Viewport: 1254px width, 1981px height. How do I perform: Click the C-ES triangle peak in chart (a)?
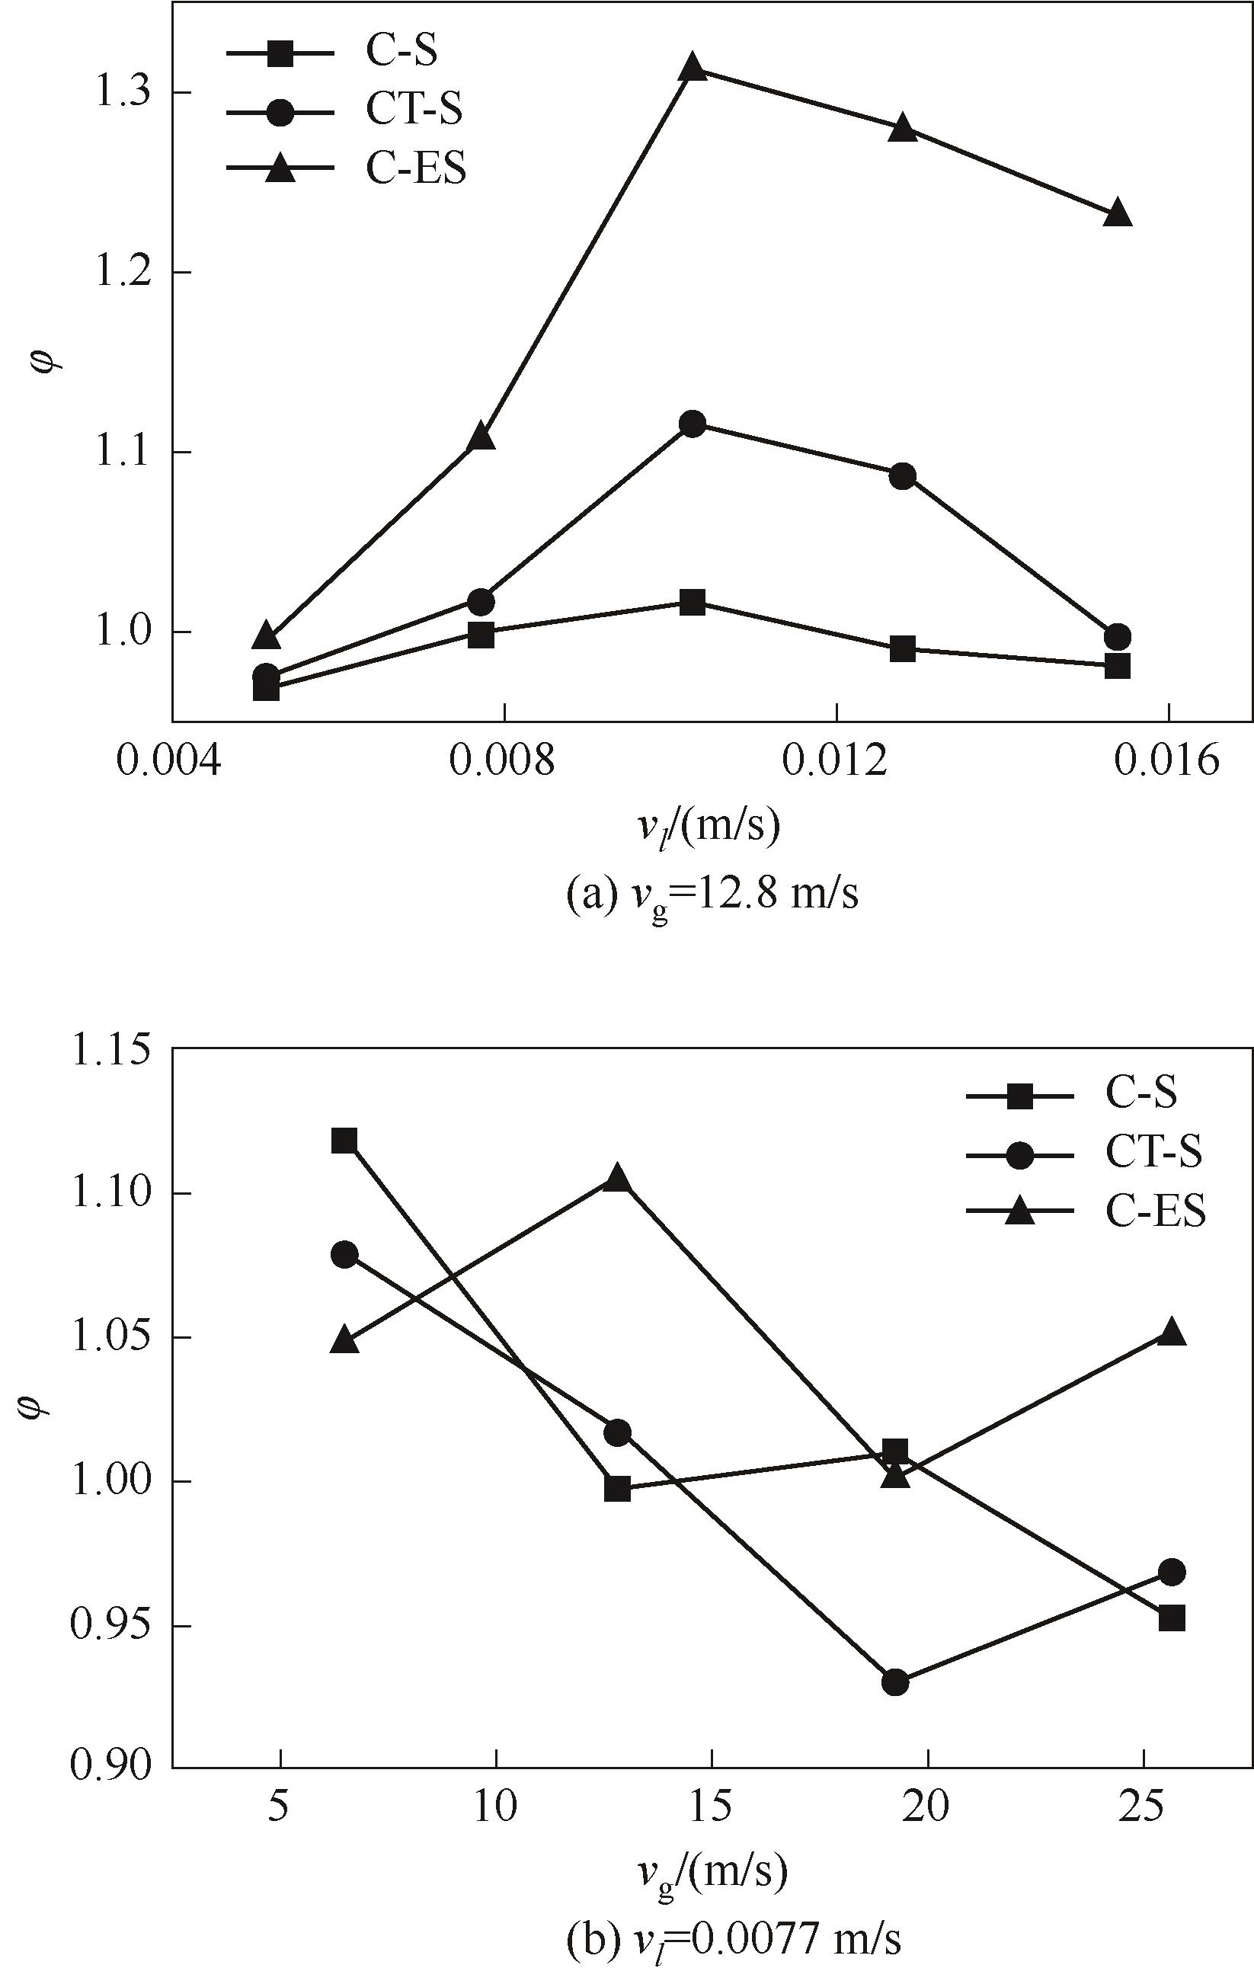point(693,68)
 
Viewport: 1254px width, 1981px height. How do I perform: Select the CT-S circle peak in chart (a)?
point(693,424)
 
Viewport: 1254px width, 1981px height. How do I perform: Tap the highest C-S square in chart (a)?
point(693,602)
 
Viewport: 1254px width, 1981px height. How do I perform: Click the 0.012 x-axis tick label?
point(836,761)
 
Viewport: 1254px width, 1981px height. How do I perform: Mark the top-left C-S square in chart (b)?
point(344,1141)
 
